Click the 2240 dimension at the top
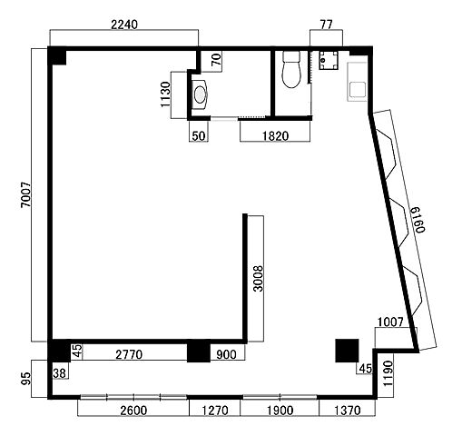pyautogui.click(x=124, y=25)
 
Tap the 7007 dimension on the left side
pyautogui.click(x=26, y=194)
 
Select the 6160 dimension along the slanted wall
pyautogui.click(x=418, y=220)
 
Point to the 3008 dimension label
pyautogui.click(x=258, y=278)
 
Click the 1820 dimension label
pyautogui.click(x=275, y=136)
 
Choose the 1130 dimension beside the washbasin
pyautogui.click(x=165, y=94)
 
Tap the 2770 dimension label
pyautogui.click(x=129, y=354)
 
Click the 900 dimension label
pyautogui.click(x=226, y=354)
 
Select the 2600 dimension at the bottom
pyautogui.click(x=133, y=411)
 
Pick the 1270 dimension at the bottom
pyautogui.click(x=215, y=411)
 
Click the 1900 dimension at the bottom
pyautogui.click(x=280, y=411)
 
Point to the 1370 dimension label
pyautogui.click(x=348, y=411)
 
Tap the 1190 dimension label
pyautogui.click(x=388, y=373)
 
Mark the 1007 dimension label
pyautogui.click(x=390, y=322)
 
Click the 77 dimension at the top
pyautogui.click(x=326, y=25)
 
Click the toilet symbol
pyautogui.click(x=291, y=69)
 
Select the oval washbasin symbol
pyautogui.click(x=200, y=94)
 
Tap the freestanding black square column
pyautogui.click(x=347, y=351)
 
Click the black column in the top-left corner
pyautogui.click(x=57, y=55)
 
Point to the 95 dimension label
pyautogui.click(x=26, y=379)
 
